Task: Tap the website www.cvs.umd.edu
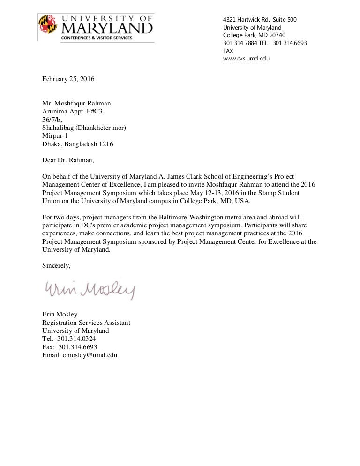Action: (246, 59)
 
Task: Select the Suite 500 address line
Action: (260, 19)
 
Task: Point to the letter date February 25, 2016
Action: (68, 79)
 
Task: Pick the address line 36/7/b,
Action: (52, 120)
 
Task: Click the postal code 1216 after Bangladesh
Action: (105, 144)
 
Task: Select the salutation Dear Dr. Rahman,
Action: (68, 160)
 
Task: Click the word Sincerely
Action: (57, 265)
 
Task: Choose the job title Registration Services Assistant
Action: (86, 323)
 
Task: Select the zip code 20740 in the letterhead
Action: (273, 35)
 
